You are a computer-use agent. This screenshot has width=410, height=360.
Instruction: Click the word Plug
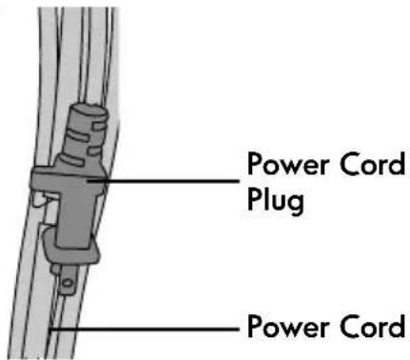275,202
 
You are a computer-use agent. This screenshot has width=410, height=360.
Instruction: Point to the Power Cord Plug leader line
164,181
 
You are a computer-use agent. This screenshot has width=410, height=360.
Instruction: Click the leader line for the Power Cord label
145,330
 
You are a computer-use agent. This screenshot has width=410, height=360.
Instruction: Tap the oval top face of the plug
88,110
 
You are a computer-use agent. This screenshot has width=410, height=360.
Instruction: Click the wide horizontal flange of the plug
68,178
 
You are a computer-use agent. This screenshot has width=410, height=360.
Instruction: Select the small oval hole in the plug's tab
68,283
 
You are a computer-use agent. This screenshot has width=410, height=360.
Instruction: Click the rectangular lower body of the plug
75,219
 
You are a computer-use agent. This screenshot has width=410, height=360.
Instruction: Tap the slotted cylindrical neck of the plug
84,136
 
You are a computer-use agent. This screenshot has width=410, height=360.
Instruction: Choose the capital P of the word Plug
254,199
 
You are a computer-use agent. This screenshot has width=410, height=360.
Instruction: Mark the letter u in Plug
277,203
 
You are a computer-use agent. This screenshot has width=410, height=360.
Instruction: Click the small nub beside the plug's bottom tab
55,270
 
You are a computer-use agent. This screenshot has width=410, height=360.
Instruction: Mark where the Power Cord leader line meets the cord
50,330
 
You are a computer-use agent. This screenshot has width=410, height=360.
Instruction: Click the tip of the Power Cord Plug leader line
88,181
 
